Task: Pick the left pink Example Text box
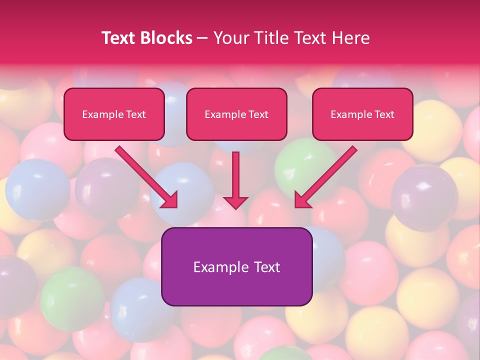pos(114,114)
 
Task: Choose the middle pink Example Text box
pos(236,114)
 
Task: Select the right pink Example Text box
pos(362,114)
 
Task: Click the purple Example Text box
pos(236,266)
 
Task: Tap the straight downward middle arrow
pos(235,175)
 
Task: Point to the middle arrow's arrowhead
pos(235,202)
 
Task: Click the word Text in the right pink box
pos(384,114)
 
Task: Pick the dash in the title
pos(203,38)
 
